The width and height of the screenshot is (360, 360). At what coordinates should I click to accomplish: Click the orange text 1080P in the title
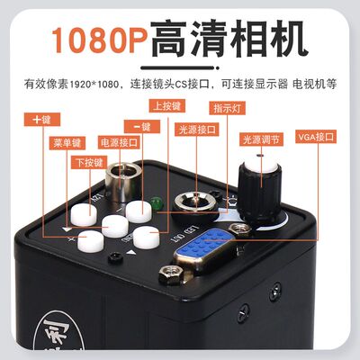coord(97,40)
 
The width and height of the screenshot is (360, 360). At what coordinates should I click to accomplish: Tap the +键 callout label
coord(41,119)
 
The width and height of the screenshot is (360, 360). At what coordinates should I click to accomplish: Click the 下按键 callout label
coord(89,162)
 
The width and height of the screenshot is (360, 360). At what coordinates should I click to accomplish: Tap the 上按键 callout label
coord(169,106)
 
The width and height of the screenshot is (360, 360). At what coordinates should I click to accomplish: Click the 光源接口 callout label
coord(197,129)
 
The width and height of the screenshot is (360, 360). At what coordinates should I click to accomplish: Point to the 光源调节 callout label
coord(263,139)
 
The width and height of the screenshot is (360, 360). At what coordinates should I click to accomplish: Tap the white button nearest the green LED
coord(138,211)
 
